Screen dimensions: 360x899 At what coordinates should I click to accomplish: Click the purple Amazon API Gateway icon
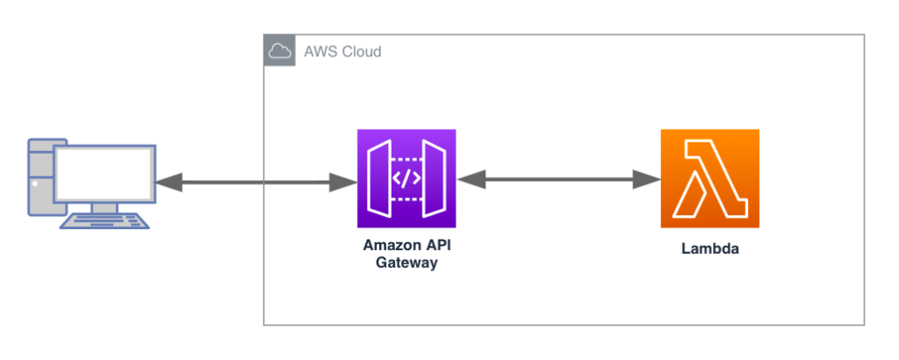tap(406, 178)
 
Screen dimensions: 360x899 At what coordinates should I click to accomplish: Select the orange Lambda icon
tap(709, 178)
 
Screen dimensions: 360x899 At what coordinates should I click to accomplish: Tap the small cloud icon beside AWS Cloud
tap(279, 51)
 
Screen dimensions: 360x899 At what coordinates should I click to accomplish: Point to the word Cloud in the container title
tap(362, 52)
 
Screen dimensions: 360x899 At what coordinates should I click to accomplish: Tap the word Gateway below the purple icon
tap(406, 263)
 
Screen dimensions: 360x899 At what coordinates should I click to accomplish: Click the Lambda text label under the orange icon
tap(709, 248)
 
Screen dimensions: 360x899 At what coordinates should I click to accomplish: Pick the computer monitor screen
tap(104, 173)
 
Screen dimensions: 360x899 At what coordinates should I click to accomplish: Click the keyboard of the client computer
tap(104, 221)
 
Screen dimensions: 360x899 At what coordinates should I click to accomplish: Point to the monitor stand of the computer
tap(104, 207)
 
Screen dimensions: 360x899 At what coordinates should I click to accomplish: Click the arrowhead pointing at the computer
tap(168, 183)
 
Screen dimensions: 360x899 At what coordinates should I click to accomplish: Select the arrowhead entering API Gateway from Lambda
tap(471, 180)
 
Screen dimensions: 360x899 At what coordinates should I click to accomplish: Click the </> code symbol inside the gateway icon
tap(406, 178)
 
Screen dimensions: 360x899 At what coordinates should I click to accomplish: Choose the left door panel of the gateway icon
tap(378, 178)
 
